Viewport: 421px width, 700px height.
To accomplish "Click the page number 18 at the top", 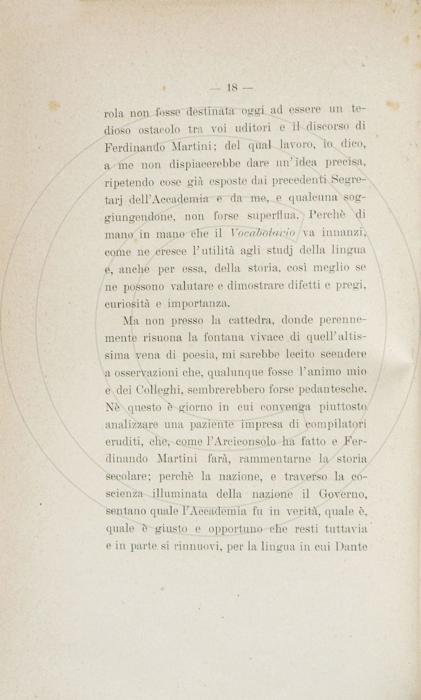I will (x=232, y=87).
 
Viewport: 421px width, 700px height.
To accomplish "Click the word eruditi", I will (x=123, y=442).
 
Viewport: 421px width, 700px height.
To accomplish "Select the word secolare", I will (x=129, y=477).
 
